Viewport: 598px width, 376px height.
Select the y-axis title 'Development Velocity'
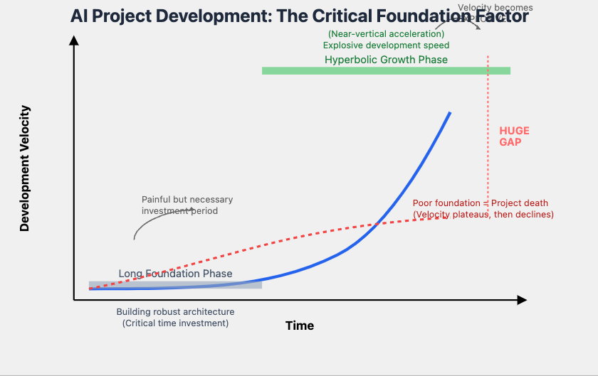click(x=25, y=168)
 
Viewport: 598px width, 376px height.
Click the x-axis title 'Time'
click(x=299, y=326)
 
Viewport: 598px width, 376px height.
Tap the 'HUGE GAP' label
click(x=514, y=136)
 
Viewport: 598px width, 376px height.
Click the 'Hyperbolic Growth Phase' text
click(x=386, y=60)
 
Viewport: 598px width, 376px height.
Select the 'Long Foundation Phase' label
click(x=175, y=274)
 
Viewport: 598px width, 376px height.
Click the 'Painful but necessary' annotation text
click(x=187, y=200)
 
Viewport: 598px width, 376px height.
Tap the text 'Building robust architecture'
click(x=175, y=312)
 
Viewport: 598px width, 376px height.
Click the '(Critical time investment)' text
click(x=175, y=323)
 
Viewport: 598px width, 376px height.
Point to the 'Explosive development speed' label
click(x=386, y=45)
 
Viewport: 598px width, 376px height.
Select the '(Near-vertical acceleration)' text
click(x=386, y=34)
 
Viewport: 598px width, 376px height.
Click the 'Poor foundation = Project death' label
click(x=481, y=203)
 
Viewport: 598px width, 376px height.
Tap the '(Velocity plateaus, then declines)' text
click(x=483, y=214)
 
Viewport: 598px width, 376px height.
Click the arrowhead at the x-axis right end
click(x=522, y=300)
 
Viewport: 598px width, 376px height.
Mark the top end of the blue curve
click(x=450, y=113)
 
